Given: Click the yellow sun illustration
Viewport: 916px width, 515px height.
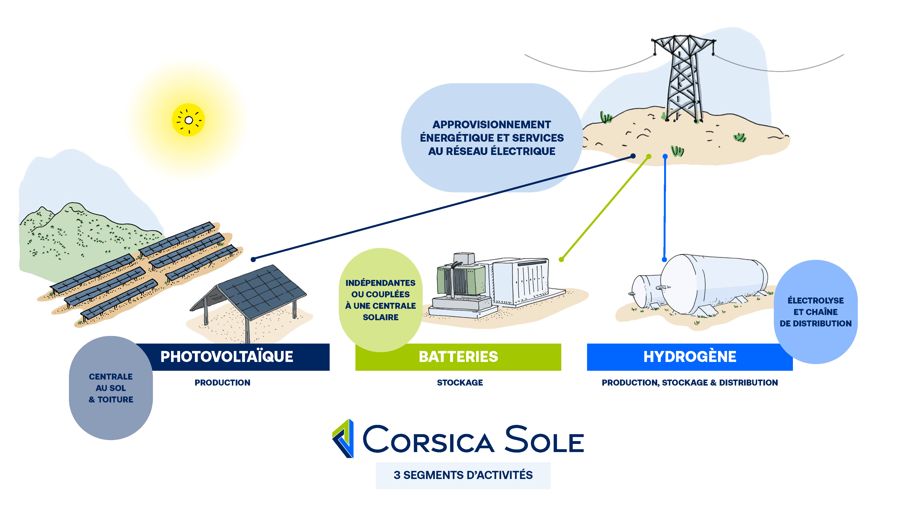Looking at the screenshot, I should click(x=188, y=120).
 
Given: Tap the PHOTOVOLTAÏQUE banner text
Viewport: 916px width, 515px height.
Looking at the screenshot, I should click(x=227, y=356).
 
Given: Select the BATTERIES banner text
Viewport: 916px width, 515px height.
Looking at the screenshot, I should click(x=458, y=356).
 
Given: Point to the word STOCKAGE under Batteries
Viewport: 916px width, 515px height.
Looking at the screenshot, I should click(x=460, y=382).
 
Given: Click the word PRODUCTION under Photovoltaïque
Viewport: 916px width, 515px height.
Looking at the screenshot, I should click(x=222, y=382).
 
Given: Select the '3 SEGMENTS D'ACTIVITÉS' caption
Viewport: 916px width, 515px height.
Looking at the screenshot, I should click(x=463, y=475).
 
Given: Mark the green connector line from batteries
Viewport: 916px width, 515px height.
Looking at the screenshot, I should click(x=604, y=208).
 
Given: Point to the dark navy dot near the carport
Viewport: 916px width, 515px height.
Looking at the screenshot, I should click(x=253, y=259).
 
